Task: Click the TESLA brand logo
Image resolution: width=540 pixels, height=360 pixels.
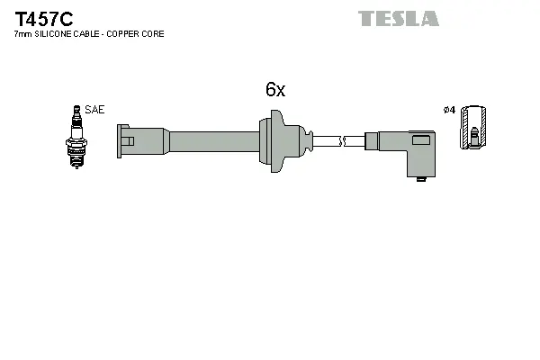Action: (398, 18)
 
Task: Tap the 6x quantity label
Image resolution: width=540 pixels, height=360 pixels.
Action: (274, 89)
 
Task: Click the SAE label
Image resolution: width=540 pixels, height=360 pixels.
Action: (96, 109)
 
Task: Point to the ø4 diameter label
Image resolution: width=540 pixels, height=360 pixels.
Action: (449, 110)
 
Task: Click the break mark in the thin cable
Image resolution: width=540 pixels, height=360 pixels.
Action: (343, 140)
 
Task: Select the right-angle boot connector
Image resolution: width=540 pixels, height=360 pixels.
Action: (409, 148)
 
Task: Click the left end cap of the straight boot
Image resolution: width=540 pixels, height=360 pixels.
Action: (127, 140)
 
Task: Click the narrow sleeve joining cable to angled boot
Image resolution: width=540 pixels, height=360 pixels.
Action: (370, 140)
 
